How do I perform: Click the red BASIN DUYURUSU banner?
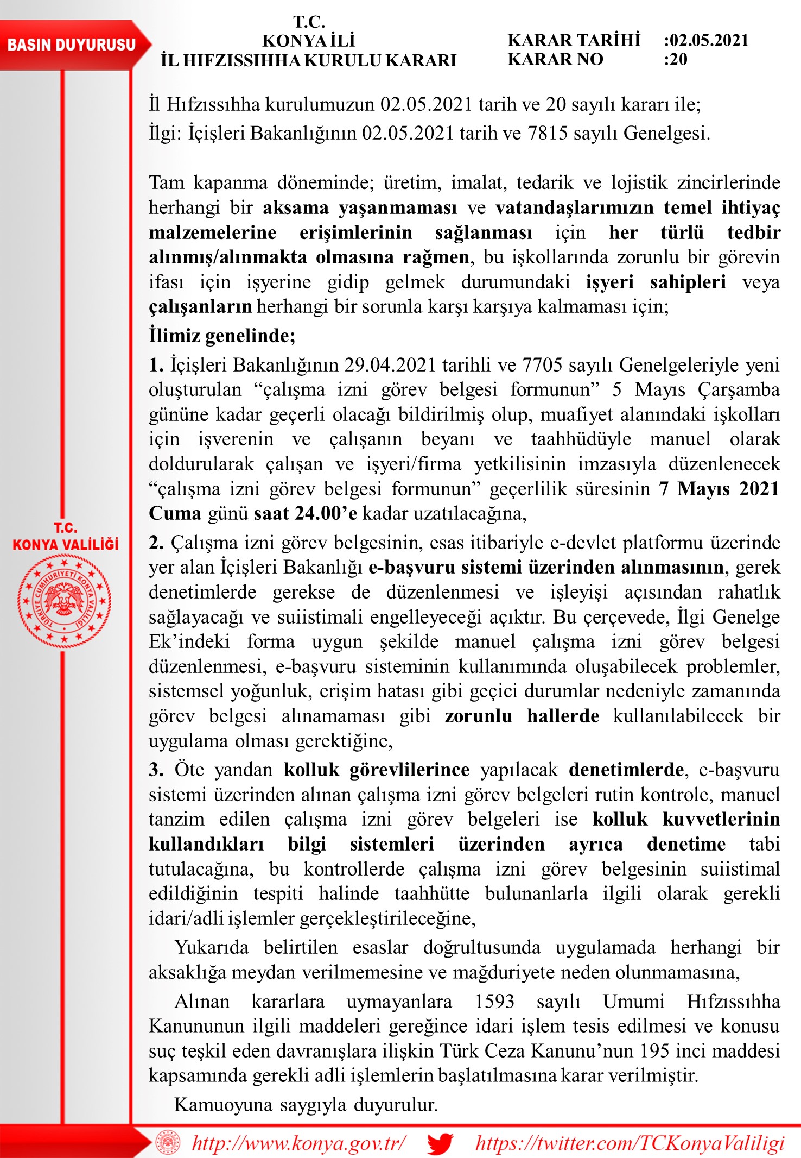[72, 45]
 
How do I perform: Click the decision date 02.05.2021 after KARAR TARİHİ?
[709, 40]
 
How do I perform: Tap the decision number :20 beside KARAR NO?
[676, 59]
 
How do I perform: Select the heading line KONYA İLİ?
[308, 41]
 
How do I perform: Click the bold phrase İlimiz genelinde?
[222, 336]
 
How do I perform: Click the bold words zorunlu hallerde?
[522, 716]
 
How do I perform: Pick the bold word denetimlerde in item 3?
[626, 770]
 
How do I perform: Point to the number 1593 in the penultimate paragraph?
[494, 1002]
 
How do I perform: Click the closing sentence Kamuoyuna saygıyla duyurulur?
[306, 1105]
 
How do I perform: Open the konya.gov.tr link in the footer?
[298, 1143]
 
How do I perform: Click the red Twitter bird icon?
[440, 1143]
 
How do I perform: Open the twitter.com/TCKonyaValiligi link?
[630, 1143]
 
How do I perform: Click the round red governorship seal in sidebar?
[64, 601]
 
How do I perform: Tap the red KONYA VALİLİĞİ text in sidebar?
[65, 545]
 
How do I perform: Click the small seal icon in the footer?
[167, 1143]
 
